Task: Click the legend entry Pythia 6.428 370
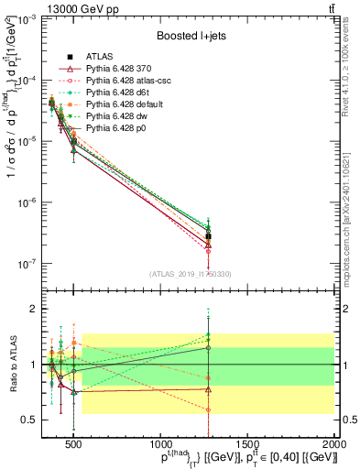coord(114,69)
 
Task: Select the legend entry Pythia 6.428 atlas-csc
coord(123,81)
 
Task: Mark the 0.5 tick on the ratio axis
coord(28,420)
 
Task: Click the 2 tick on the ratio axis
coord(32,309)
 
